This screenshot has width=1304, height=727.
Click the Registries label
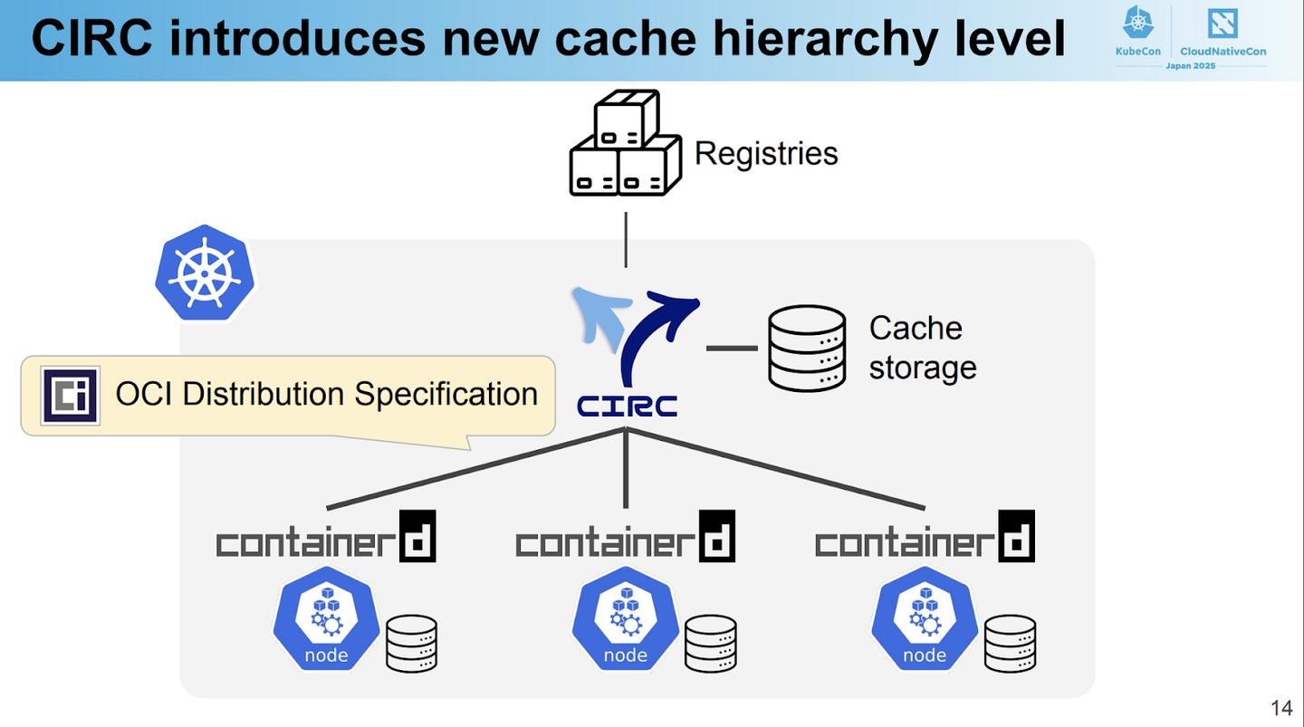(766, 153)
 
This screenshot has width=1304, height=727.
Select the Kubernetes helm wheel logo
(205, 273)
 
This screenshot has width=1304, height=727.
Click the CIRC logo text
(627, 406)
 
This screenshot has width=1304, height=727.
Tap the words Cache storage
(922, 348)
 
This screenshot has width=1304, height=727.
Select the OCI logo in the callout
(70, 396)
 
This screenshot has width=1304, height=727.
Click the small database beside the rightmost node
(1011, 643)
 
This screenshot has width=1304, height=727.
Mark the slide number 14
(1281, 707)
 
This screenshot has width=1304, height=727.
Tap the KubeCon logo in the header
(1138, 32)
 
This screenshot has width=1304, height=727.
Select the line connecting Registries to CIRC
(626, 240)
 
